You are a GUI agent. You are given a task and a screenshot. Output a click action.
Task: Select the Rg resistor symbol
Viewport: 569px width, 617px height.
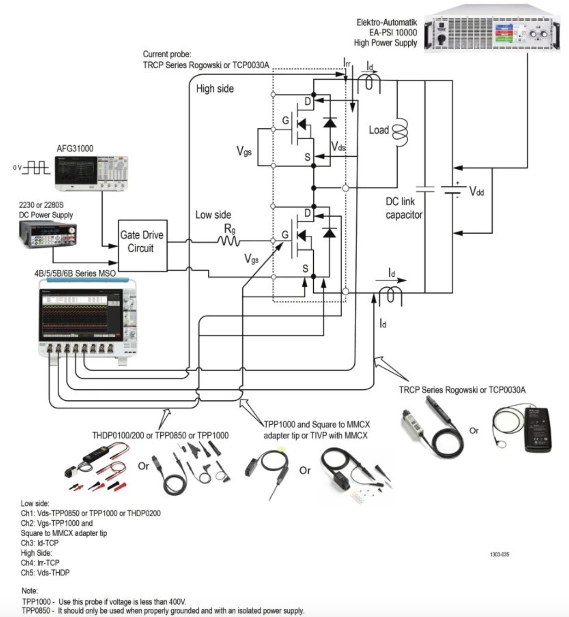pyautogui.click(x=229, y=241)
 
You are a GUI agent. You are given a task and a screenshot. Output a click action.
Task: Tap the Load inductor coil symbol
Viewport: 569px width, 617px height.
pyautogui.click(x=400, y=131)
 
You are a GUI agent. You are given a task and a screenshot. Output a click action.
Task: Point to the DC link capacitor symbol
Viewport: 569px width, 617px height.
pyautogui.click(x=425, y=189)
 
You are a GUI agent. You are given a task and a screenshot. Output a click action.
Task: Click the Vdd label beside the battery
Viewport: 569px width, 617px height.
pyautogui.click(x=476, y=191)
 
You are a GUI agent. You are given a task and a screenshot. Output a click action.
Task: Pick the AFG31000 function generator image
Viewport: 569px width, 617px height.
pyautogui.click(x=91, y=173)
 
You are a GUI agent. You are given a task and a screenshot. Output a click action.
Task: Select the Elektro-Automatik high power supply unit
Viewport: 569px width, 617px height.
pyautogui.click(x=491, y=30)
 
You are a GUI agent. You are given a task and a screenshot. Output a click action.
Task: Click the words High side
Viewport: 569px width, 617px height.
pyautogui.click(x=215, y=89)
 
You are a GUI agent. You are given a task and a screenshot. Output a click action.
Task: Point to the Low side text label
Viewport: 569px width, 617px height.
pyautogui.click(x=213, y=215)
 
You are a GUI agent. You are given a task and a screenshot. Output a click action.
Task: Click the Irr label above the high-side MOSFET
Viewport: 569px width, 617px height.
pyautogui.click(x=347, y=63)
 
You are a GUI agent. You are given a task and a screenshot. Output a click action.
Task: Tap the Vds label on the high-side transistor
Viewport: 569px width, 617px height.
pyautogui.click(x=338, y=146)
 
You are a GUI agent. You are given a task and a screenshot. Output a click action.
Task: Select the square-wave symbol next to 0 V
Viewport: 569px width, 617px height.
pyautogui.click(x=37, y=167)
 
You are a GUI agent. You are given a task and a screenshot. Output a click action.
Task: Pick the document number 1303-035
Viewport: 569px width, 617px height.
pyautogui.click(x=499, y=554)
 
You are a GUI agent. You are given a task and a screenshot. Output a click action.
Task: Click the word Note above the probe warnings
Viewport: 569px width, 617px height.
pyautogui.click(x=30, y=591)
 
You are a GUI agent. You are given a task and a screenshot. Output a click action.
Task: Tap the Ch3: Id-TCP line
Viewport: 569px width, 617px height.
pyautogui.click(x=40, y=543)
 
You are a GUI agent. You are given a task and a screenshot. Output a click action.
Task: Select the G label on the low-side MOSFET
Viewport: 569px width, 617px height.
pyautogui.click(x=285, y=235)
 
